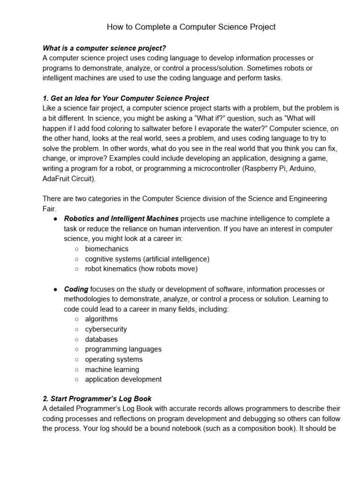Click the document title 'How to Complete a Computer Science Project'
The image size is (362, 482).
click(191, 27)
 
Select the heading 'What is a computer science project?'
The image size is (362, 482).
click(104, 48)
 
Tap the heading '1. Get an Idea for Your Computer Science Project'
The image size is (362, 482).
click(126, 98)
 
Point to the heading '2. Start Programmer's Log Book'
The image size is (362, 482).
click(97, 399)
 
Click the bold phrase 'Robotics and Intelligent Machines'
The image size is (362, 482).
click(121, 219)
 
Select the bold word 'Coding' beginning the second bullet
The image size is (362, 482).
click(76, 289)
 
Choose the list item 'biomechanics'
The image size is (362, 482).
click(107, 249)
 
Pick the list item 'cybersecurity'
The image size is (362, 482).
click(106, 329)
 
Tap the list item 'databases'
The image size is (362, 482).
click(101, 339)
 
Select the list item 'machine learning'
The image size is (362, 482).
click(112, 370)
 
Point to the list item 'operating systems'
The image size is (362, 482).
click(114, 359)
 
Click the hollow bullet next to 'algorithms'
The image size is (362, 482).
click(77, 319)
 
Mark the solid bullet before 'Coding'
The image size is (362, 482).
click(56, 289)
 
